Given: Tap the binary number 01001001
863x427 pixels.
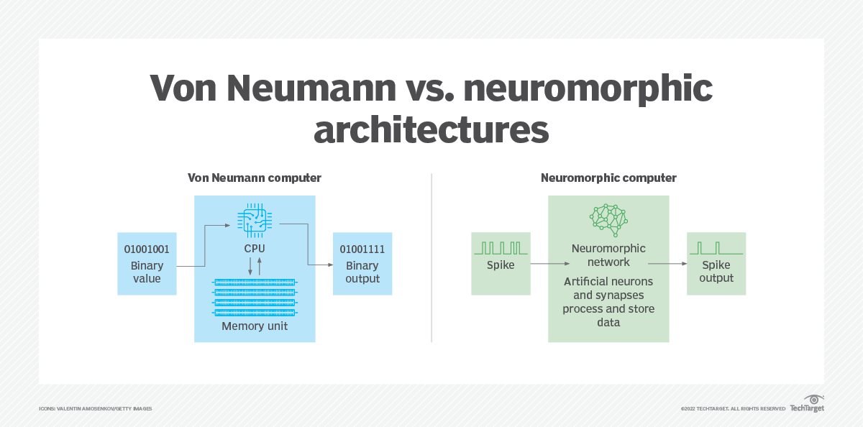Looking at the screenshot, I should [x=147, y=252].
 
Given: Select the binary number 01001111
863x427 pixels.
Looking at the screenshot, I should [x=362, y=252].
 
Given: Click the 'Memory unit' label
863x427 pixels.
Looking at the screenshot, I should [x=255, y=326].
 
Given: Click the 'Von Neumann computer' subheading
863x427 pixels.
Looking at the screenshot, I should [x=255, y=177].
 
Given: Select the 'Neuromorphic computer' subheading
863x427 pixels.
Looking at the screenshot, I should [x=608, y=177].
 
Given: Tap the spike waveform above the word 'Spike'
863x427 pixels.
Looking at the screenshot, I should [x=501, y=249].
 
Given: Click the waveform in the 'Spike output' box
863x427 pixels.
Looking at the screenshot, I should [x=716, y=249].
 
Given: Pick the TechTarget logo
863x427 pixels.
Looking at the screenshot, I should [x=807, y=405].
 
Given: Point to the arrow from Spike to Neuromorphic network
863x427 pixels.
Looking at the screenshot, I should [x=539, y=264].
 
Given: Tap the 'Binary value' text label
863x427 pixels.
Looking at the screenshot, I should [x=147, y=272].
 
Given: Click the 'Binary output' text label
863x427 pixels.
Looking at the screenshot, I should [x=362, y=272].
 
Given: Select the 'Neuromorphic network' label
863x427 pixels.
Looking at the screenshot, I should [x=608, y=255].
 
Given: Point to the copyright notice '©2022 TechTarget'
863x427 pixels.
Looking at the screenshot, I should [x=733, y=409].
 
